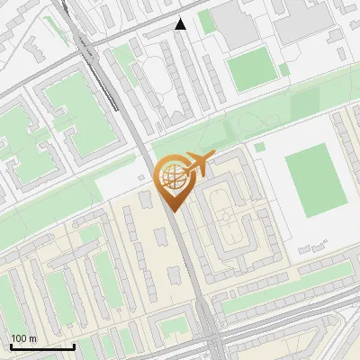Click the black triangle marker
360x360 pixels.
tap(181, 24)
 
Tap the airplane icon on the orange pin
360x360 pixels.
tap(200, 164)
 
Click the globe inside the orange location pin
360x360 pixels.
tap(174, 177)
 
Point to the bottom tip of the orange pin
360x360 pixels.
tap(174, 211)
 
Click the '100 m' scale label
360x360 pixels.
tap(23, 338)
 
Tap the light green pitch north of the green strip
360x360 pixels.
tap(249, 67)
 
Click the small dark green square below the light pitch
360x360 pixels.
tap(259, 147)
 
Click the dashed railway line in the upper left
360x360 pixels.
tap(90, 54)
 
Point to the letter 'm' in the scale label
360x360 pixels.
tap(32, 338)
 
